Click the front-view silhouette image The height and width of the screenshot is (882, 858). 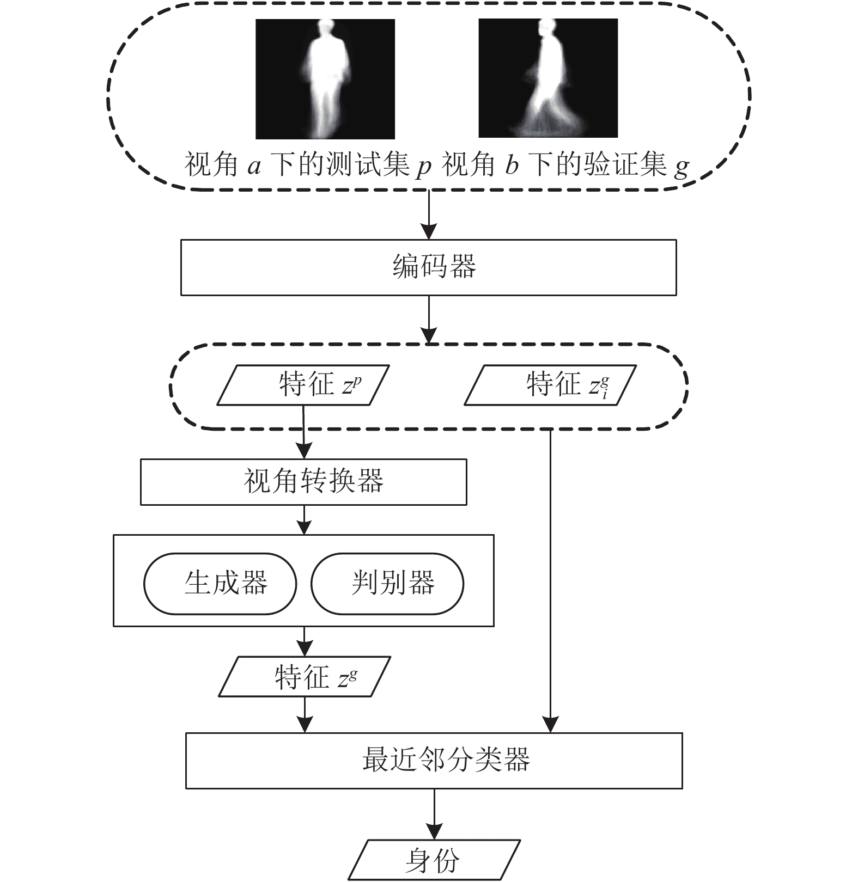point(325,78)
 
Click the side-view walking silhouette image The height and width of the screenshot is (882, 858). point(548,78)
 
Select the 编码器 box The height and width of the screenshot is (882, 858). point(428,267)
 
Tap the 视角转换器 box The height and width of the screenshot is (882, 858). point(303,482)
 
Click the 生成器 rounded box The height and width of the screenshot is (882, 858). point(220,584)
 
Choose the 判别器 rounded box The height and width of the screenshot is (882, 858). point(387,584)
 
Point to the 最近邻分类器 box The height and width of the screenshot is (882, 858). point(434,761)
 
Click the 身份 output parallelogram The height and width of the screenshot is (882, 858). point(434,860)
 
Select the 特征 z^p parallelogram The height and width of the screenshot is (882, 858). point(303,385)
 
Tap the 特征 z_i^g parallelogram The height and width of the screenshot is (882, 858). point(550,385)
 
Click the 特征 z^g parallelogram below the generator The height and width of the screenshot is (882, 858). point(305,676)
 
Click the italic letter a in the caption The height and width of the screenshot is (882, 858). point(254,166)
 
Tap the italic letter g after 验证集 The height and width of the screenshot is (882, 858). point(681,168)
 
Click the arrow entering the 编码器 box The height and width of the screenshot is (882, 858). point(429,215)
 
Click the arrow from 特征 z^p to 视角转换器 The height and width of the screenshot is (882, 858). point(303,432)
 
